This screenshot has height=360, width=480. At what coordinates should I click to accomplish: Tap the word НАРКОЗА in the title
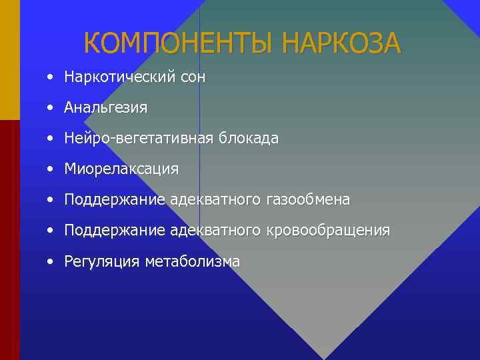click(x=341, y=44)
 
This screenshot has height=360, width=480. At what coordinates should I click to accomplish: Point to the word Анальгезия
click(x=105, y=107)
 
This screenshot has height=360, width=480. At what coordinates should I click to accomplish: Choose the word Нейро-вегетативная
click(x=138, y=139)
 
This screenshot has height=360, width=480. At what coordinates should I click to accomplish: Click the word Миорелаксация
click(x=121, y=169)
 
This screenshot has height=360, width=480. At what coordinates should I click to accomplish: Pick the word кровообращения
click(x=328, y=231)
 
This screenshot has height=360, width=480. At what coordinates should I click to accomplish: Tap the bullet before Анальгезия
click(x=51, y=107)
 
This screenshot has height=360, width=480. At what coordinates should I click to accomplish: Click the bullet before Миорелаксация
click(x=51, y=169)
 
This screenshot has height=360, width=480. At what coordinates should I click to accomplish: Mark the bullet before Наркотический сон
click(x=51, y=77)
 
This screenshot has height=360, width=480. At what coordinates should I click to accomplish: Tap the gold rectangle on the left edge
click(x=10, y=60)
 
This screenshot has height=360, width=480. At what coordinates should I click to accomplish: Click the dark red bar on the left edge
click(x=10, y=240)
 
